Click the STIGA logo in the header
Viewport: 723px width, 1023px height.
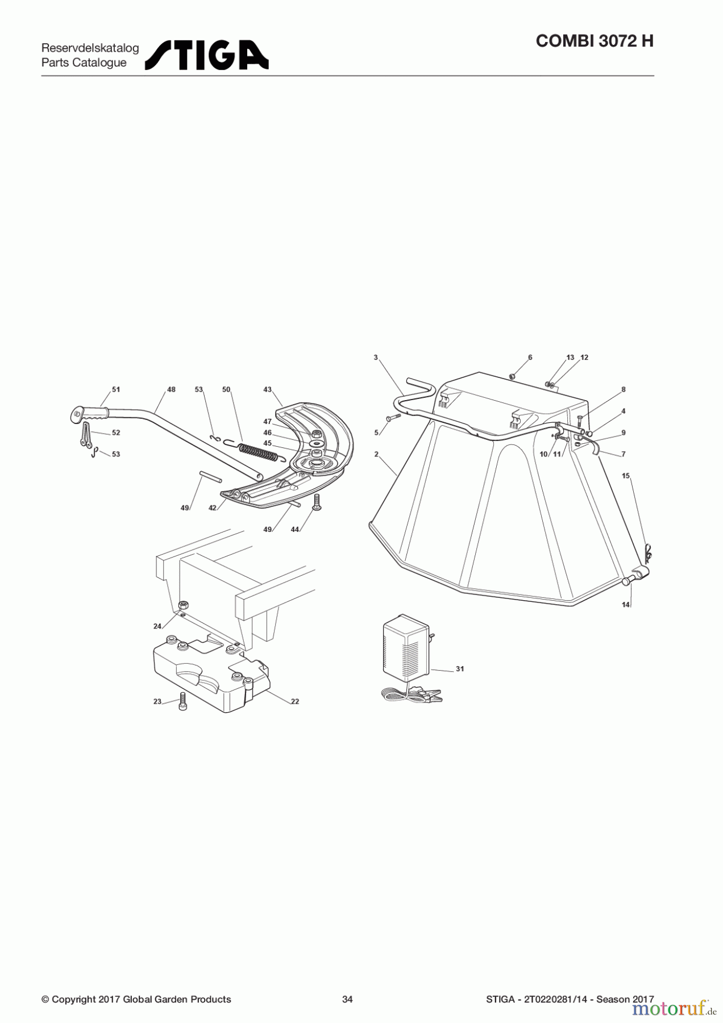[x=207, y=55]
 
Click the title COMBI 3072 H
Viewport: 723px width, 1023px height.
[x=595, y=41]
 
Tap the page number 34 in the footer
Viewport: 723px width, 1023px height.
[x=347, y=999]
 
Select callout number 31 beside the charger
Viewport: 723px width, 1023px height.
[x=460, y=669]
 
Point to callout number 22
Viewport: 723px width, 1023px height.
[x=295, y=701]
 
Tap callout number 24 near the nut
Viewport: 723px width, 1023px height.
[x=157, y=626]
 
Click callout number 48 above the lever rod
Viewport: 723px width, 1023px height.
[x=171, y=390]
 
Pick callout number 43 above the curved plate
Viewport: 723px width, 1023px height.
[x=268, y=390]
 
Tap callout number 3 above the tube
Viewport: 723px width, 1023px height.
[x=376, y=357]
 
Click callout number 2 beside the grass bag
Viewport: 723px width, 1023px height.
[x=376, y=455]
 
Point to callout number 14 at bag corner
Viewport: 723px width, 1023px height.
[x=625, y=605]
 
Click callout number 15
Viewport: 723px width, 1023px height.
[x=626, y=476]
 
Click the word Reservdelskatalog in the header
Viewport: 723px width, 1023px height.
[x=90, y=48]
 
